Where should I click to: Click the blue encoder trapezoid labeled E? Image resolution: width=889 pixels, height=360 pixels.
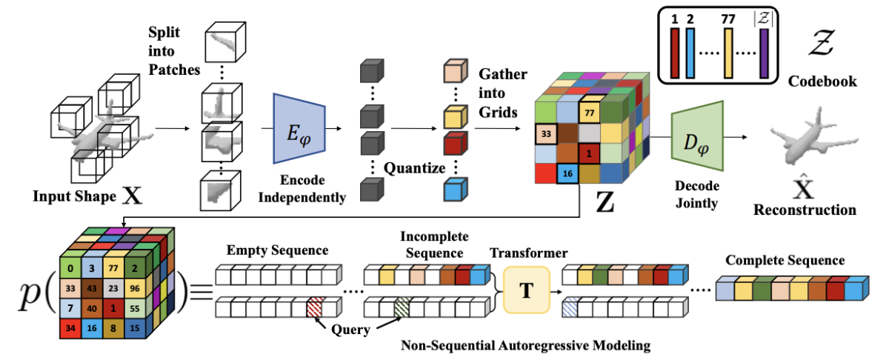pyautogui.click(x=299, y=129)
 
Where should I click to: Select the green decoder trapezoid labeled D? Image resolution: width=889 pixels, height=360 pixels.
pyautogui.click(x=697, y=136)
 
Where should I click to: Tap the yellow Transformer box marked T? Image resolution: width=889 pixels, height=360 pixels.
pyautogui.click(x=526, y=290)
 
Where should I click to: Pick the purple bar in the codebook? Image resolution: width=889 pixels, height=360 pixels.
pyautogui.click(x=764, y=53)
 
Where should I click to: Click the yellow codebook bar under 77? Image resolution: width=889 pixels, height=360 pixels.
pyautogui.click(x=728, y=53)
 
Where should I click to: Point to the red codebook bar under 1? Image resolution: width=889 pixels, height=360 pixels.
pyautogui.click(x=675, y=53)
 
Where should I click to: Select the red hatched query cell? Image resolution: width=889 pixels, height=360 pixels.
pyautogui.click(x=316, y=307)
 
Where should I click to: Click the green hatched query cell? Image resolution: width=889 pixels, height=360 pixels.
pyautogui.click(x=402, y=307)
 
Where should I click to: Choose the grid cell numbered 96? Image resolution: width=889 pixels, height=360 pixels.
pyautogui.click(x=135, y=288)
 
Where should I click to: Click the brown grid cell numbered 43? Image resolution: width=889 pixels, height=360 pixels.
pyautogui.click(x=92, y=288)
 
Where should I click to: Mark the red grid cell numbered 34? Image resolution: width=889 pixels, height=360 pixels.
pyautogui.click(x=70, y=328)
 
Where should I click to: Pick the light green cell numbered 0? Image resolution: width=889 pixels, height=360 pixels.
pyautogui.click(x=70, y=268)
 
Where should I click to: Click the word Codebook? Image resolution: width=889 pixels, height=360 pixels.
pyautogui.click(x=822, y=81)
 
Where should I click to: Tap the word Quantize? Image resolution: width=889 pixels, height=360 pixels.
pyautogui.click(x=414, y=168)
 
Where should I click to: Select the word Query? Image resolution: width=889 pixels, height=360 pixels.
pyautogui.click(x=351, y=330)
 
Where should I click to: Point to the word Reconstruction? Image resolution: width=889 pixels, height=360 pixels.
pyautogui.click(x=805, y=210)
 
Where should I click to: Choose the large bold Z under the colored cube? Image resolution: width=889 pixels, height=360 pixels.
pyautogui.click(x=605, y=202)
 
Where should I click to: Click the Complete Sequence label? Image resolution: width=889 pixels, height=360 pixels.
pyautogui.click(x=785, y=261)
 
